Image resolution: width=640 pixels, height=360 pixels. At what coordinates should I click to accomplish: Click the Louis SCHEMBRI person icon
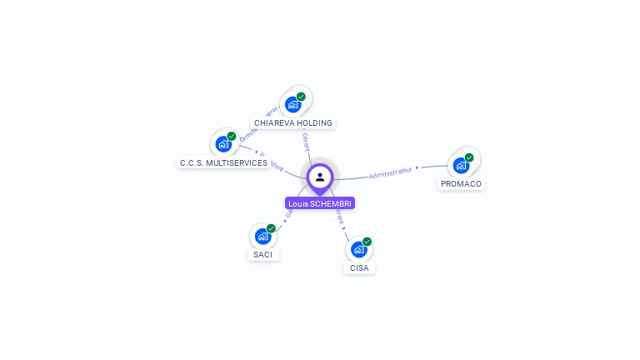click(x=320, y=177)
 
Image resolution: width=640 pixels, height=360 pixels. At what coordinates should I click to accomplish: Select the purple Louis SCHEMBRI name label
click(x=320, y=203)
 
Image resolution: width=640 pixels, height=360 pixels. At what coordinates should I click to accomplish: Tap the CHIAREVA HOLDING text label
click(x=293, y=123)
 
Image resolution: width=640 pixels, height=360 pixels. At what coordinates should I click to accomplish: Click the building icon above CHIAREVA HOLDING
click(x=292, y=104)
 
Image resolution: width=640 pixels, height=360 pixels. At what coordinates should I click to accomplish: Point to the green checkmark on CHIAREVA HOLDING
click(x=301, y=97)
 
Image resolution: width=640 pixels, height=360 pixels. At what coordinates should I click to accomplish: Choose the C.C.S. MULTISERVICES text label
click(x=223, y=163)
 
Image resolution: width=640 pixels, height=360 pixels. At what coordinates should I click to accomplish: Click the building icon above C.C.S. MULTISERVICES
click(x=222, y=144)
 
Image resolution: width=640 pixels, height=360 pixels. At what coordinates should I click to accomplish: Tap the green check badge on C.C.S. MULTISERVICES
click(x=232, y=137)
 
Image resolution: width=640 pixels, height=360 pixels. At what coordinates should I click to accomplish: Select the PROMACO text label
click(x=461, y=183)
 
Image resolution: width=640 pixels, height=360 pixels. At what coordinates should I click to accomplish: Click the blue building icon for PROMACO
click(x=461, y=165)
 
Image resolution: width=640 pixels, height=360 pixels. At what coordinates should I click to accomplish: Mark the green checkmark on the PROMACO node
click(x=469, y=157)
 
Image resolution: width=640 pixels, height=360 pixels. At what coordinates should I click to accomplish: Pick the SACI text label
click(x=262, y=254)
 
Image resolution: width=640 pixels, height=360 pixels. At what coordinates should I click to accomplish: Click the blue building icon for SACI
click(x=262, y=236)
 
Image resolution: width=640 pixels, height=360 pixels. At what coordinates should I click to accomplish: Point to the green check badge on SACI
click(x=271, y=228)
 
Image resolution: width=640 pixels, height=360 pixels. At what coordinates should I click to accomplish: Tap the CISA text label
click(x=359, y=267)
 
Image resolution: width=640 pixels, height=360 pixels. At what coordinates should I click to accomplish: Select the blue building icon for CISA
click(x=358, y=249)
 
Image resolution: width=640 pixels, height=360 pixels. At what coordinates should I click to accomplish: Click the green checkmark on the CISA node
click(x=367, y=242)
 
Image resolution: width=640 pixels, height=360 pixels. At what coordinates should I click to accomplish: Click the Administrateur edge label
click(x=390, y=172)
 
